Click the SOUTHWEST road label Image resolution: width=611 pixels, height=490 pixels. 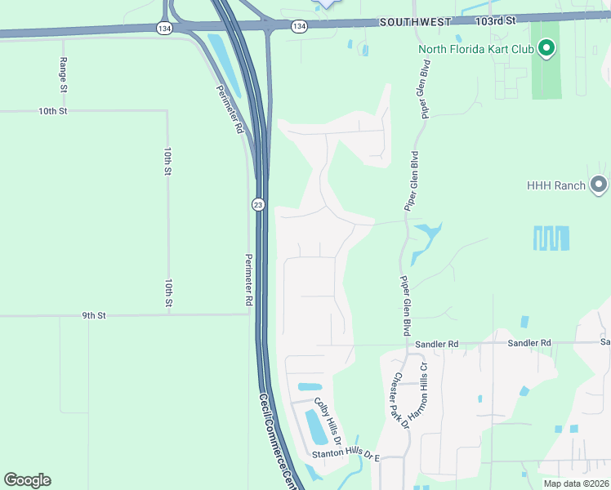tap(415, 23)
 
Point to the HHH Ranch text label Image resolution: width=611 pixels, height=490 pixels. tap(556, 185)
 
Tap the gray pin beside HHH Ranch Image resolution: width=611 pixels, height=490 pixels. tap(599, 185)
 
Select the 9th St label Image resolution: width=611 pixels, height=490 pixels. tap(95, 314)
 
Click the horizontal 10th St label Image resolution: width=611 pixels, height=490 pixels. tap(51, 110)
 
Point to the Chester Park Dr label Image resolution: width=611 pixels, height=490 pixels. tap(399, 398)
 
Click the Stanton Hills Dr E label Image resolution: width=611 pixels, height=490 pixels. tap(346, 454)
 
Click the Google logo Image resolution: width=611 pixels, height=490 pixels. tap(27, 480)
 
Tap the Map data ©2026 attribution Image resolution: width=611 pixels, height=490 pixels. tap(575, 483)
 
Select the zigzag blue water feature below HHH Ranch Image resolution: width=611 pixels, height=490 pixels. tap(551, 238)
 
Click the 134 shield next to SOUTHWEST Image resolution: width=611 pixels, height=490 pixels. tap(299, 26)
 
